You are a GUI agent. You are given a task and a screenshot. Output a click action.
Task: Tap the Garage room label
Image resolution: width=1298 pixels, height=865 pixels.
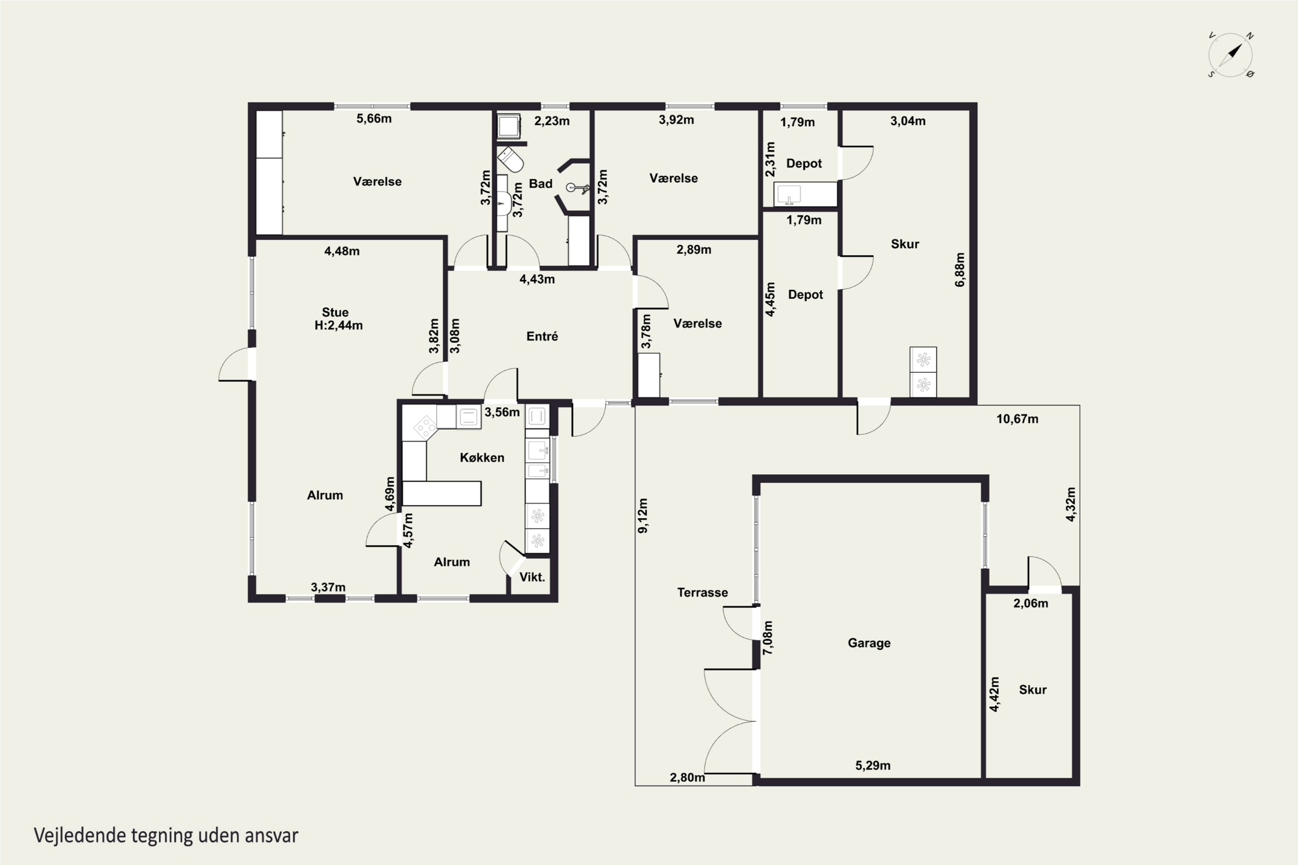[x=869, y=643]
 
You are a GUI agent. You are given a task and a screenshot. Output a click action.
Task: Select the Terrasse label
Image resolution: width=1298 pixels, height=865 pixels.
[x=703, y=593]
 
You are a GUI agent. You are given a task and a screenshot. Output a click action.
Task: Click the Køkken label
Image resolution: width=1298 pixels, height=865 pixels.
[x=482, y=457]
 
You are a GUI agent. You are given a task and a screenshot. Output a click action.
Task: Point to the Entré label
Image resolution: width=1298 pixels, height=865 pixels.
[x=542, y=336]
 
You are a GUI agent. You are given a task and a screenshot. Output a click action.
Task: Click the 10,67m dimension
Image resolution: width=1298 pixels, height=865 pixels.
[x=1017, y=419]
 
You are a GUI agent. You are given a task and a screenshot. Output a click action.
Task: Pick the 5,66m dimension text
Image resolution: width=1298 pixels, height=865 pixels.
[x=374, y=119]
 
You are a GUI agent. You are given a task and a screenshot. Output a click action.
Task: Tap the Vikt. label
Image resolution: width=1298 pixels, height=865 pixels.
[x=532, y=577]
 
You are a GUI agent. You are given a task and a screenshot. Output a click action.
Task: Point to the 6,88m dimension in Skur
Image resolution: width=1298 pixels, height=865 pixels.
[x=960, y=270]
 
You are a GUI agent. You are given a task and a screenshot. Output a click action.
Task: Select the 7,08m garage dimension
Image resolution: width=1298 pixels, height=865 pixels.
[x=768, y=638]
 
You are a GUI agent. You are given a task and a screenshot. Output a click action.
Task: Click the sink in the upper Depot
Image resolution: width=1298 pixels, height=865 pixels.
[x=789, y=195]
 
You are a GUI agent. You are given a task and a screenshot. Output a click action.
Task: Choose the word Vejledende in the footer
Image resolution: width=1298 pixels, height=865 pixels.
[x=80, y=836]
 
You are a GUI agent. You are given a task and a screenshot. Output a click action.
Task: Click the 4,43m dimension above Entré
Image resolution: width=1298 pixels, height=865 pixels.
[x=537, y=279]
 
